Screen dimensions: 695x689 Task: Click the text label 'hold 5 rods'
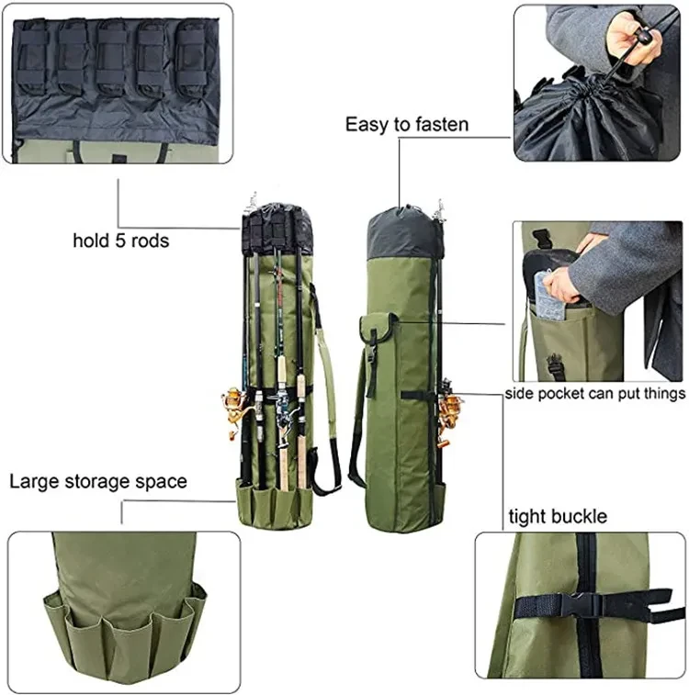coord(120,241)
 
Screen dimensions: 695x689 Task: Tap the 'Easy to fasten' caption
coord(406,124)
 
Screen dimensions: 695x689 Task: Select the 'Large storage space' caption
coord(98,480)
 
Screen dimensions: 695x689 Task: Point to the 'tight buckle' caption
coord(558,516)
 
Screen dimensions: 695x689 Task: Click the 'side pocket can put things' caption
coord(594,394)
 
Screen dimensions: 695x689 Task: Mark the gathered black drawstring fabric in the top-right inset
coord(588,124)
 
